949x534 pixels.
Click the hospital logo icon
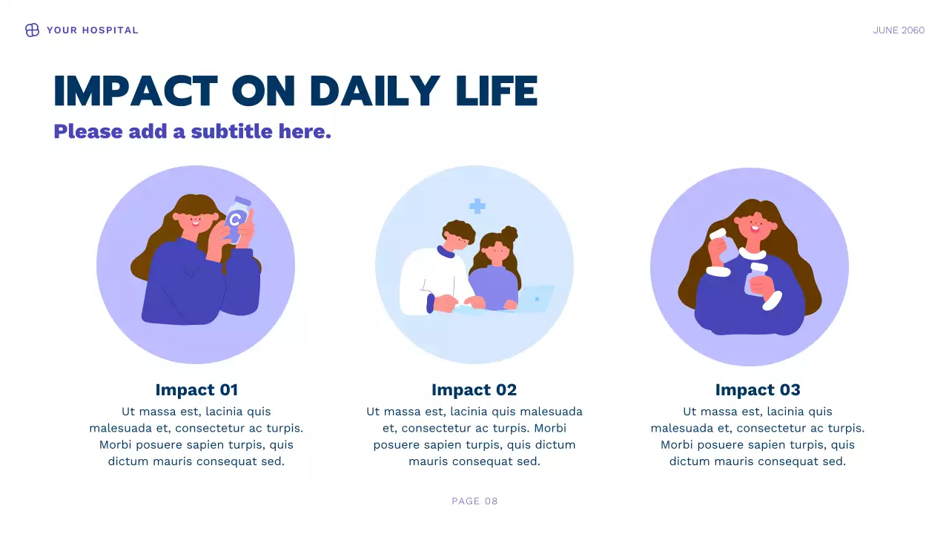coord(32,30)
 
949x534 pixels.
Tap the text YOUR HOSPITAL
coord(92,30)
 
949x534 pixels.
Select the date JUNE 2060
coord(899,30)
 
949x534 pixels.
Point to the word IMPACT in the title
coord(136,91)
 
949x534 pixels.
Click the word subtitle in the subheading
coord(232,131)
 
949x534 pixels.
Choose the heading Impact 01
coord(196,390)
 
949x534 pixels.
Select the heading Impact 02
coord(474,390)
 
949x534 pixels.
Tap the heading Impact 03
coord(758,390)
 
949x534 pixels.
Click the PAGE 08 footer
coord(474,501)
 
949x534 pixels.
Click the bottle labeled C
coord(236,219)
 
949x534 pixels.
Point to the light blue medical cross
coord(477,206)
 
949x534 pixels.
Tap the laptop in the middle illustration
coord(535,298)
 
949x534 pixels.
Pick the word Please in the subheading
coord(87,131)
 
